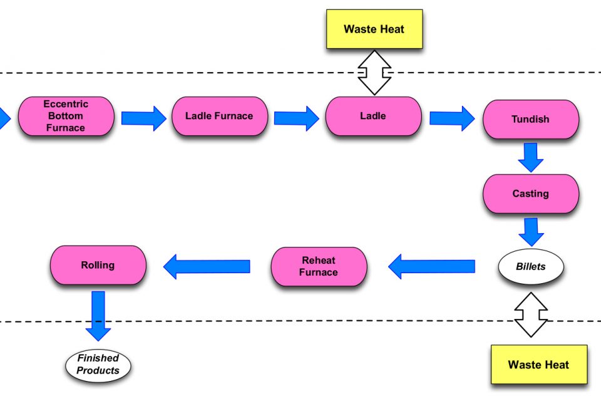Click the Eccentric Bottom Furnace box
66,116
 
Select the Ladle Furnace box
219,116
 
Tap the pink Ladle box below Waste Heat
373,116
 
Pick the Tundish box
530,119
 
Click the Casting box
530,194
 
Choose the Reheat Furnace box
319,266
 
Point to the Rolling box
98,265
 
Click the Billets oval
530,267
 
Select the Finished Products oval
98,365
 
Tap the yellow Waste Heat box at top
374,29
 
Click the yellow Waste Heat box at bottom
538,364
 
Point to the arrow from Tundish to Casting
531,157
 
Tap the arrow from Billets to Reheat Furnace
431,266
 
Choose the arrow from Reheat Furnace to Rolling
207,266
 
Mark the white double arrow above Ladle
374,73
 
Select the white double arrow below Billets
530,315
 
